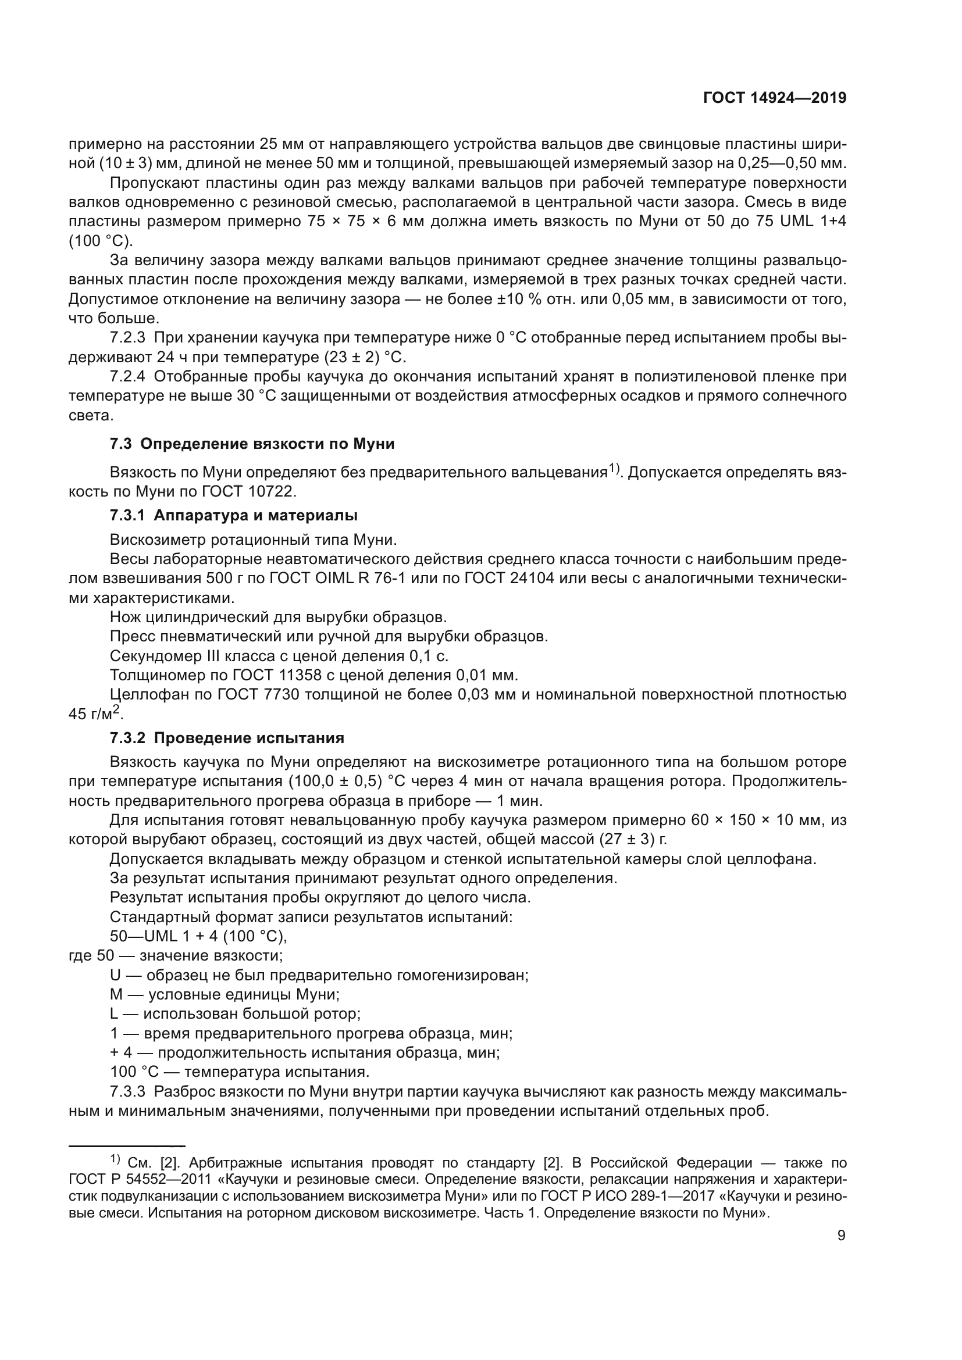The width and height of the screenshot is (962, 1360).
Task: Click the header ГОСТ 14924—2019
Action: coord(775,98)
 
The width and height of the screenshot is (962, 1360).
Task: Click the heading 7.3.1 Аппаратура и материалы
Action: coord(234,515)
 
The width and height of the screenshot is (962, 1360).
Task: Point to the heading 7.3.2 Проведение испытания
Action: coord(227,738)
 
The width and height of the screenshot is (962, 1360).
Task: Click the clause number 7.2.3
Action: coord(127,338)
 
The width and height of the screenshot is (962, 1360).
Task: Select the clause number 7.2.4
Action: coord(127,377)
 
